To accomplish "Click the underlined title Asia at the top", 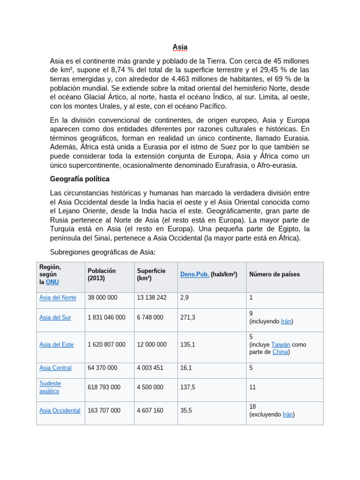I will tap(180, 47).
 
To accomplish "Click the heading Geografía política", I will tap(80, 179).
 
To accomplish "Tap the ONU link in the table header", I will tap(52, 282).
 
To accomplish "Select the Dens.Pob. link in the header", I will tap(195, 274).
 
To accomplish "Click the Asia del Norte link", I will tap(58, 298).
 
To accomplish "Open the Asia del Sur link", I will tap(55, 317).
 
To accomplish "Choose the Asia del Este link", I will tap(56, 345).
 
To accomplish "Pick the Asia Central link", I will tap(55, 368).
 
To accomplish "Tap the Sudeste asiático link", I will tap(50, 387).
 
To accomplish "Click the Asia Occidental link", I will tap(60, 411).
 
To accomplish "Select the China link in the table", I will tap(280, 352).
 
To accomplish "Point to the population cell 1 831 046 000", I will tap(106, 317).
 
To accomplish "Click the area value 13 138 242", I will tap(151, 298).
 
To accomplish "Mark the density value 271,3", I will tap(187, 317).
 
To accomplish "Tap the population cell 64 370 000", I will tap(102, 368).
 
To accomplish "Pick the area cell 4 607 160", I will tap(150, 411).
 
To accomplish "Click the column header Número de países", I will tap(274, 274).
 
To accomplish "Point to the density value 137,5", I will tap(187, 387).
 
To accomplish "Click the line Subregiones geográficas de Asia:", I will tap(102, 252).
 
